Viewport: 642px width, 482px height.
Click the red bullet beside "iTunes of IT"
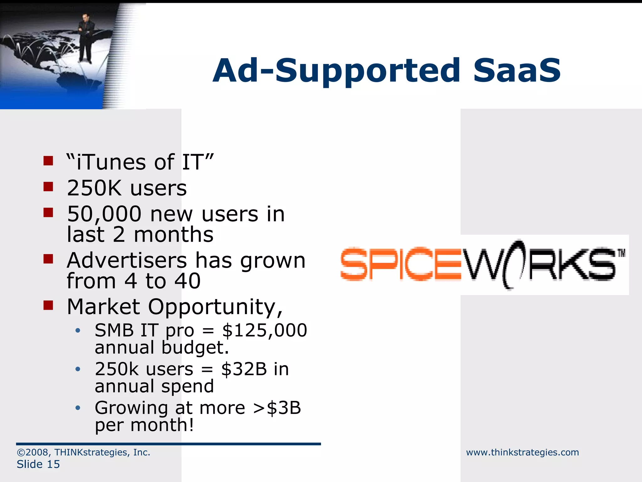point(48,161)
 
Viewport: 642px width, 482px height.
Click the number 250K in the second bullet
point(94,188)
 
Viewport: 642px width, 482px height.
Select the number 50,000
point(104,214)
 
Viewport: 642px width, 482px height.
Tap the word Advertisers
point(127,261)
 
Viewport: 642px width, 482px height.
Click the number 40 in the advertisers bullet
point(187,281)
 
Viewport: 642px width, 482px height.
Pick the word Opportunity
point(215,307)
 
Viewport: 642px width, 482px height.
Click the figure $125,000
point(264,330)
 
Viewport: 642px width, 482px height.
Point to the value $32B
point(244,369)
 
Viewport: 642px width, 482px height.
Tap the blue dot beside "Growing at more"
point(78,408)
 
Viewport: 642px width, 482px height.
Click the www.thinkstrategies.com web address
point(522,453)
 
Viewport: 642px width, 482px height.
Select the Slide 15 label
point(38,464)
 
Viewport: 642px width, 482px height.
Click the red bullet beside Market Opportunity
point(48,305)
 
